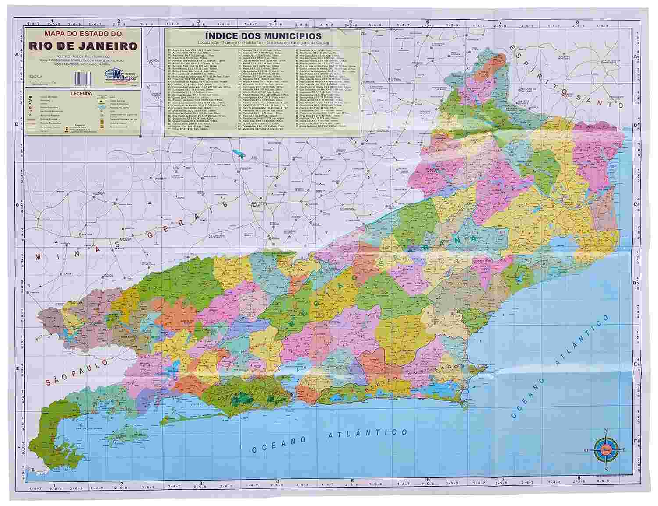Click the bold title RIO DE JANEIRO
pyautogui.click(x=83, y=46)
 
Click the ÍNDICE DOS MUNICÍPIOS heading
pyautogui.click(x=262, y=36)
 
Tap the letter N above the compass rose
pyautogui.click(x=606, y=430)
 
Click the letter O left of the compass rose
pyautogui.click(x=586, y=450)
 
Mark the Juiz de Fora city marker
pyautogui.click(x=265, y=204)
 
